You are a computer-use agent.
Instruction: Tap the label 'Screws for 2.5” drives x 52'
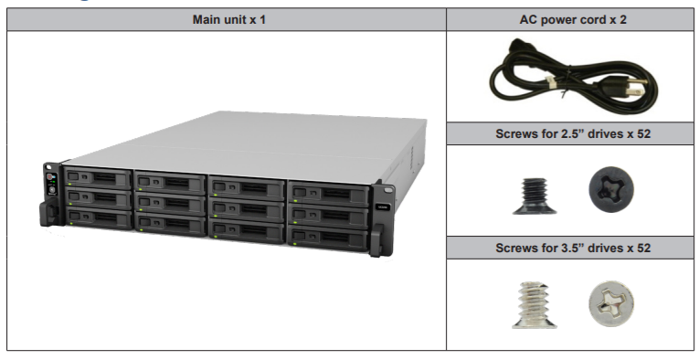[x=572, y=133]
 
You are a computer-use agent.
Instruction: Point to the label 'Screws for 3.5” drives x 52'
[x=572, y=248]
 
